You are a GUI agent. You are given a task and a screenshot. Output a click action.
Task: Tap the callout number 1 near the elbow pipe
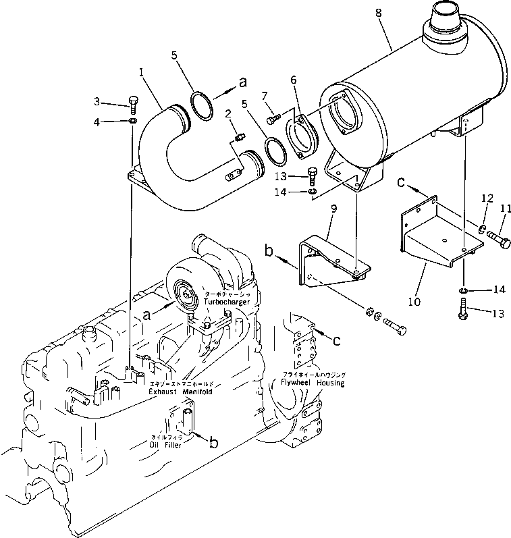pos(141,70)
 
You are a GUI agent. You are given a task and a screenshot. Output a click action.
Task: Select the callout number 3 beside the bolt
pos(97,101)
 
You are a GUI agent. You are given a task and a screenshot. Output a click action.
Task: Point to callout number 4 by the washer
pos(97,122)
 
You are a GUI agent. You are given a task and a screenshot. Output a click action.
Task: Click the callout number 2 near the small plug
pos(229,112)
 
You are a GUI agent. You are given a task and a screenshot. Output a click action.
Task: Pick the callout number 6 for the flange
pos(294,80)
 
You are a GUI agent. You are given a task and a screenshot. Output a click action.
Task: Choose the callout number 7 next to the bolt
pos(265,95)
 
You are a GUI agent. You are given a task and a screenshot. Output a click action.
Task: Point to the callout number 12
pos(483,198)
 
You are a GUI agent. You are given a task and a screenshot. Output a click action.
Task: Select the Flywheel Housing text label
pos(313,383)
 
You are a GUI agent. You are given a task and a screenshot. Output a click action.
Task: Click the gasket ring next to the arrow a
pos(200,103)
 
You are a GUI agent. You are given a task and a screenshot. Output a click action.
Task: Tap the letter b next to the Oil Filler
pos(213,442)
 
